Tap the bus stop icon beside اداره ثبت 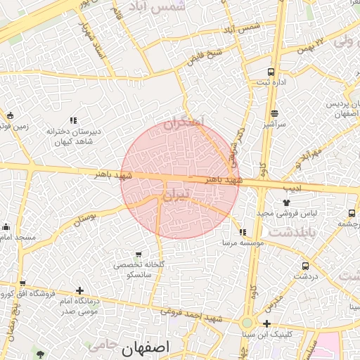coord(271,72)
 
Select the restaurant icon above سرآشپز coord(274,113)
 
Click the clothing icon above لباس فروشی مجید coord(286,202)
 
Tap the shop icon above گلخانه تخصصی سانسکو coord(138,254)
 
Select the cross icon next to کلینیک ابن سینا coord(266,323)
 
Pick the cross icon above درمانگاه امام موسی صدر coord(79,290)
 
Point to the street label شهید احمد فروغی coord(190,316)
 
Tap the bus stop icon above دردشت coord(305,266)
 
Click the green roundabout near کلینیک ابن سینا coord(246,323)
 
